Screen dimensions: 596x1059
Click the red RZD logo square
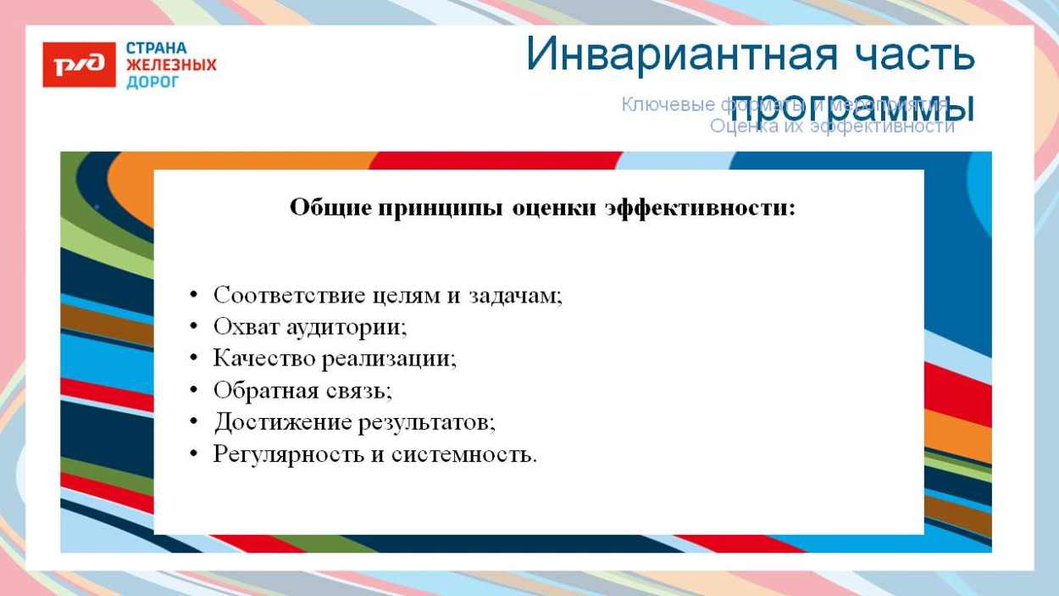point(79,64)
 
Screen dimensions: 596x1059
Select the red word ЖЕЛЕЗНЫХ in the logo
point(171,65)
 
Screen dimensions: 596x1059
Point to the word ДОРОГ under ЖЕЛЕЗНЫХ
point(152,82)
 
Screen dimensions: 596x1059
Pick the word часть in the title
point(911,55)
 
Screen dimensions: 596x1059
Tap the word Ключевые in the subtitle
point(668,104)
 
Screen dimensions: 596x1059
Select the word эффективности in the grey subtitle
point(882,126)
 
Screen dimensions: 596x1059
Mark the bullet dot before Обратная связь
point(194,390)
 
